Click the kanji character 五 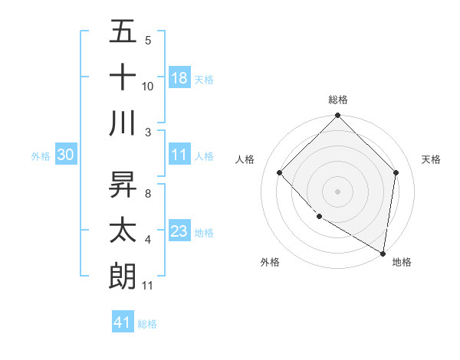(123, 31)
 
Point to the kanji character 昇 (123, 185)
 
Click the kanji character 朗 (123, 275)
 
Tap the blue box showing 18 (179, 77)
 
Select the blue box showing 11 (179, 154)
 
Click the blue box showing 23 (179, 231)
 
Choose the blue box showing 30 (66, 155)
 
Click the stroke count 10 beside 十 (148, 86)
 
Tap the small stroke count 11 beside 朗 (148, 286)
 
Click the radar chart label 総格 (338, 100)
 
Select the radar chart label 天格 (432, 159)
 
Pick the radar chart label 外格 (270, 262)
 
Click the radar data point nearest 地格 (383, 253)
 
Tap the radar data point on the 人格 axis (280, 173)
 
